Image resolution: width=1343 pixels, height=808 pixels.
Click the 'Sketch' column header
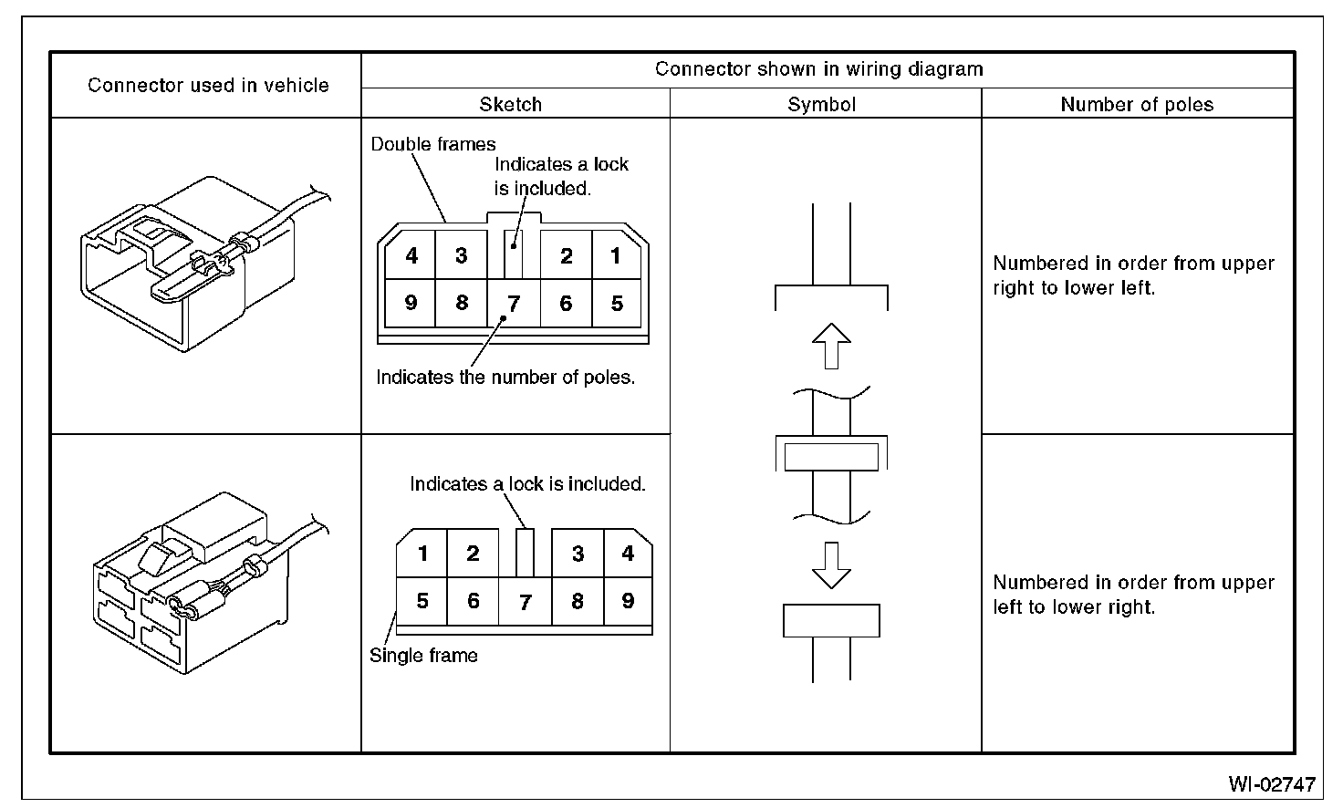pos(510,104)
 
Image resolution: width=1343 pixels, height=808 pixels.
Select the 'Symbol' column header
pos(822,104)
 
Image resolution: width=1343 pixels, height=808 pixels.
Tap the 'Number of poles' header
pos(1137,104)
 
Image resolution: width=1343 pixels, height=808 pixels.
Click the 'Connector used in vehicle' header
pos(208,85)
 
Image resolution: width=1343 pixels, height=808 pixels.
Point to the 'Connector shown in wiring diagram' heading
pos(818,68)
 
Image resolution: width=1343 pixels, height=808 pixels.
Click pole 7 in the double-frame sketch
pos(515,304)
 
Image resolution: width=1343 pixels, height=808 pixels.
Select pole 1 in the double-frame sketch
pos(617,255)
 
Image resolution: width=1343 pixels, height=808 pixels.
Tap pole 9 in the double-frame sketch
pos(411,302)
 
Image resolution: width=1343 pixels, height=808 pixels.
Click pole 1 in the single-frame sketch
pos(422,553)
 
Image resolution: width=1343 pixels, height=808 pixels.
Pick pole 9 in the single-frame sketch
pos(628,601)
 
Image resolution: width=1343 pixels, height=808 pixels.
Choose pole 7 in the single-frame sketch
pos(525,603)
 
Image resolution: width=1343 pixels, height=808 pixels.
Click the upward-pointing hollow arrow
pos(831,346)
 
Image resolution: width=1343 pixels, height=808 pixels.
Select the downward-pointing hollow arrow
pos(831,565)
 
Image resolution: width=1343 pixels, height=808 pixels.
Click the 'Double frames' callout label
pos(433,144)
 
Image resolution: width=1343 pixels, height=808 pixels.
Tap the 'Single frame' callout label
pos(423,655)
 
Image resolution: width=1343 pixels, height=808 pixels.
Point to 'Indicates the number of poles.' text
pos(505,377)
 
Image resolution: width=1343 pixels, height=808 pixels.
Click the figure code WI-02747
pos(1271,783)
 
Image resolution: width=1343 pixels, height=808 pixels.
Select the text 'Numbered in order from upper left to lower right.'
pos(1133,595)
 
